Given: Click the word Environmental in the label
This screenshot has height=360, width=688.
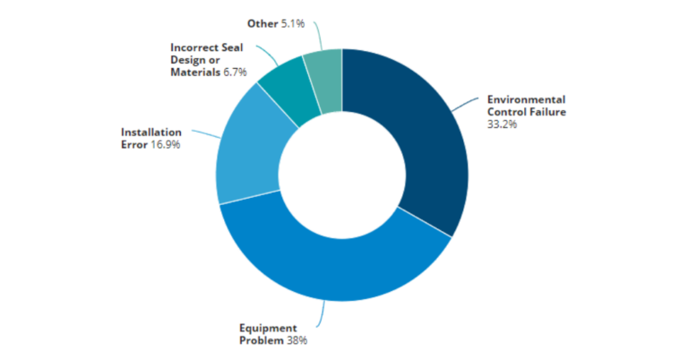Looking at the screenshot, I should click(526, 99).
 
